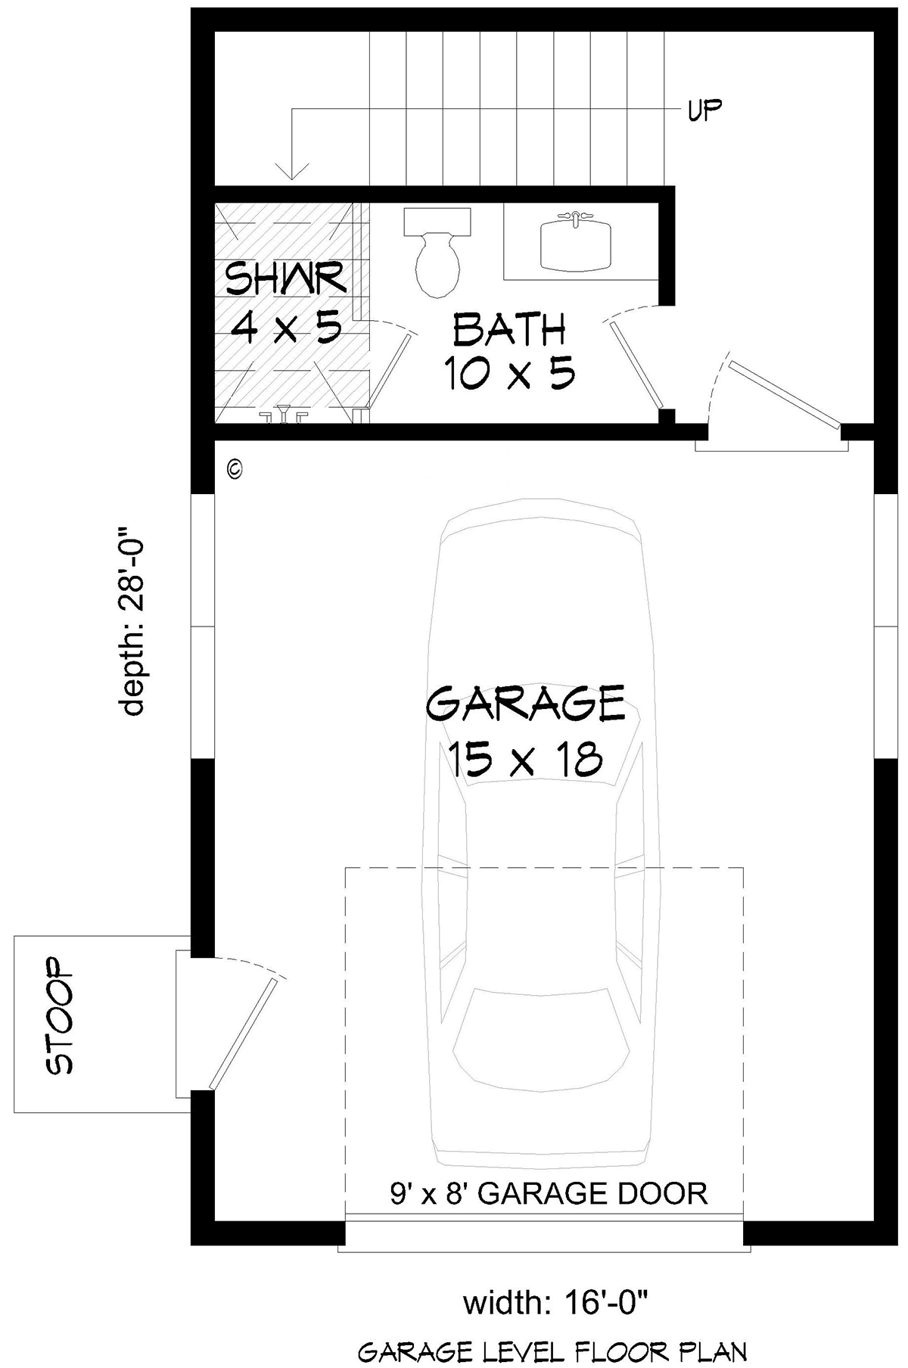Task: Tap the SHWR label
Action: [x=286, y=279]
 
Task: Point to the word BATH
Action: [x=509, y=331]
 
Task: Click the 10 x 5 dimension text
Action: [x=509, y=373]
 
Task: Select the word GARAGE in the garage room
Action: [x=526, y=704]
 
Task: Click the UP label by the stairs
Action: [x=704, y=110]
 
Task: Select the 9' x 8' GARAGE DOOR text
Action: [x=549, y=1194]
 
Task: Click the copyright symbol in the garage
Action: [x=235, y=469]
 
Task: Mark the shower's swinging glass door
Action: [x=390, y=371]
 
